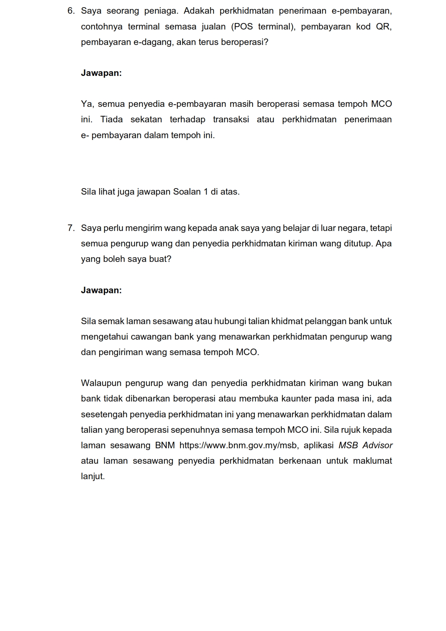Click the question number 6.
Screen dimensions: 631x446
71,11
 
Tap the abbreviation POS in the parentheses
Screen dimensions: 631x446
244,27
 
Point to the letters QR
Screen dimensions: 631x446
384,27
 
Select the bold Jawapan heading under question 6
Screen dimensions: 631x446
101,73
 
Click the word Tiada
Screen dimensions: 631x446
111,119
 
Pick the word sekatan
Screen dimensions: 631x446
146,119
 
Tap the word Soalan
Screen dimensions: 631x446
187,192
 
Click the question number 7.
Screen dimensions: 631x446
71,228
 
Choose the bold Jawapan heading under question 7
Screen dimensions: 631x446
101,290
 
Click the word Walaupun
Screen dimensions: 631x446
101,383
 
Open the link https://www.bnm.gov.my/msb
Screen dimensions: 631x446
238,445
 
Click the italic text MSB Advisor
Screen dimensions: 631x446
365,445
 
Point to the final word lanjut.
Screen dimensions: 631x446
93,476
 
